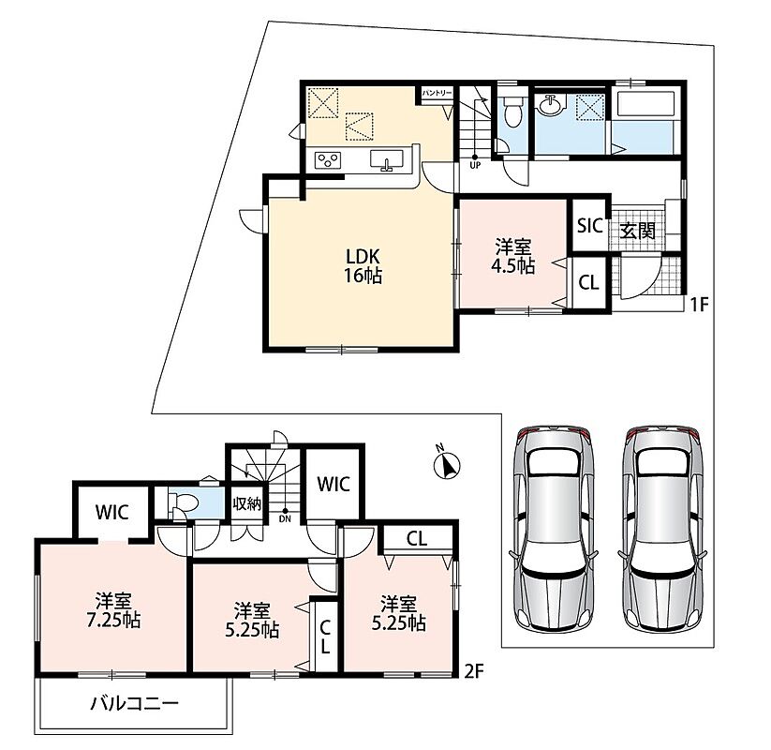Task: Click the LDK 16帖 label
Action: pos(363,266)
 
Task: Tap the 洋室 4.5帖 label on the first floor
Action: pos(512,256)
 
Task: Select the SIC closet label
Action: pos(589,226)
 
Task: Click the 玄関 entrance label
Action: pos(637,231)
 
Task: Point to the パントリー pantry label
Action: pos(437,93)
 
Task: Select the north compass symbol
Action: pos(447,462)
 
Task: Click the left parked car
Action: pos(555,529)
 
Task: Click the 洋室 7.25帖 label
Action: pos(113,610)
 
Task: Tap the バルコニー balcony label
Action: pos(134,704)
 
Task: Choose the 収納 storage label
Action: pos(246,504)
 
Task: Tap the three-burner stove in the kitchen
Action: pos(328,160)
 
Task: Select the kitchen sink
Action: pos(387,160)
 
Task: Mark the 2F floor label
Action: pos(475,671)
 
